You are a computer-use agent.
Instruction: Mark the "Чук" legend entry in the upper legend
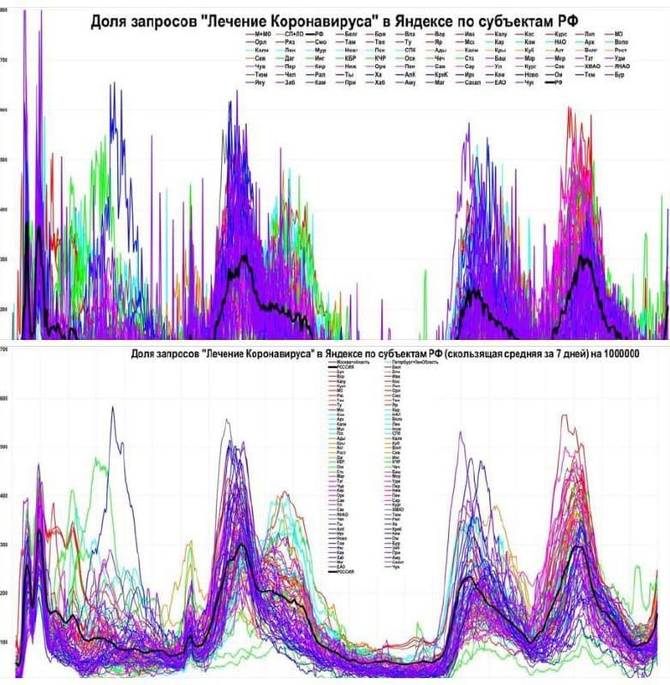pos(529,82)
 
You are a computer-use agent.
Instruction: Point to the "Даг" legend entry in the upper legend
pos(291,57)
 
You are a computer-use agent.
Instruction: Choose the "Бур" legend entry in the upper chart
pos(620,74)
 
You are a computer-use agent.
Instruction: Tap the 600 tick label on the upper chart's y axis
pos(4,110)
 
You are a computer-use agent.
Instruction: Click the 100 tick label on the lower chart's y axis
pos(4,642)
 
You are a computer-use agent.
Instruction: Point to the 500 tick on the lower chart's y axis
pos(4,447)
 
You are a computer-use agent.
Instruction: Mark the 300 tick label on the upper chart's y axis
pos(4,259)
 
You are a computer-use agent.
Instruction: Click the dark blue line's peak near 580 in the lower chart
pos(112,408)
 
